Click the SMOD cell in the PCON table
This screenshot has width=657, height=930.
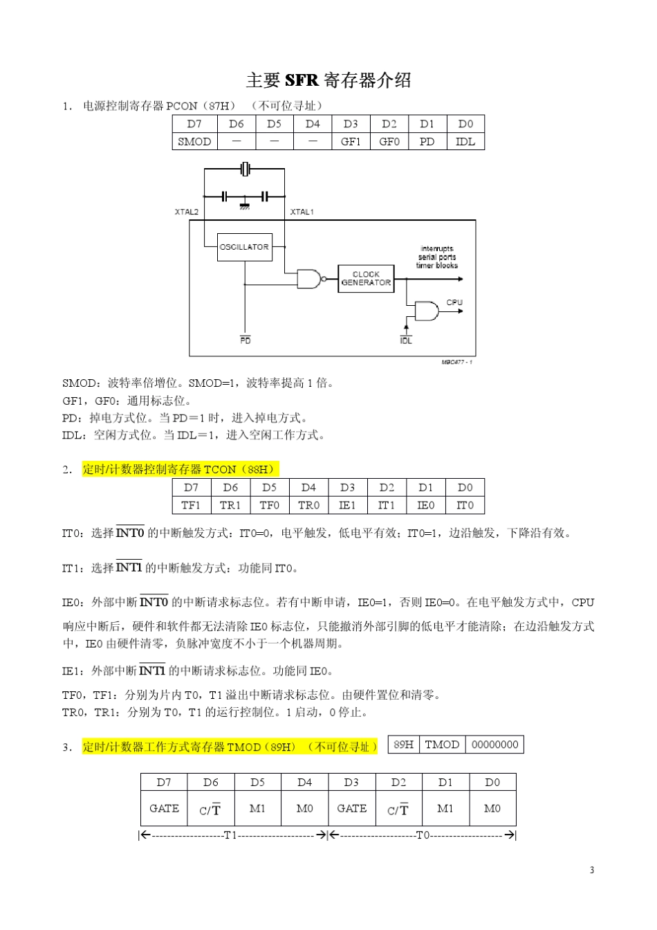(194, 142)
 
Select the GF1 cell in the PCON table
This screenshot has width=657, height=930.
(351, 142)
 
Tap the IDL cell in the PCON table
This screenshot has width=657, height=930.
(465, 142)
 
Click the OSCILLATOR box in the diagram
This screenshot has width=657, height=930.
(244, 247)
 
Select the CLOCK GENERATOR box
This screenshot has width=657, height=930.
(366, 279)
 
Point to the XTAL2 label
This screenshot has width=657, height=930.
(186, 212)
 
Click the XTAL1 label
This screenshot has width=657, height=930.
(302, 212)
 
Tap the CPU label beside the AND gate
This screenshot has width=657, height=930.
(454, 302)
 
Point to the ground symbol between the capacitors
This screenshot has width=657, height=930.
(245, 206)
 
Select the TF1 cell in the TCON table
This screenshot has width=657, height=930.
(191, 505)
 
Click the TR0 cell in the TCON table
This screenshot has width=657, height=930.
(308, 505)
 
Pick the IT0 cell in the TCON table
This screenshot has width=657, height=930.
(465, 505)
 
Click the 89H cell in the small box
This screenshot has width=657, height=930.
(404, 745)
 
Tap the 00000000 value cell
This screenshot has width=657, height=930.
(494, 745)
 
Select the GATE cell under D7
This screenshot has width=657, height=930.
(164, 808)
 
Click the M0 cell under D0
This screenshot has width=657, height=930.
(492, 808)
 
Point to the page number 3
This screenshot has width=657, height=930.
(592, 870)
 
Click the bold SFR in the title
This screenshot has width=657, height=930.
(302, 80)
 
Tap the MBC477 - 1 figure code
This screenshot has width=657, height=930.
(457, 362)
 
